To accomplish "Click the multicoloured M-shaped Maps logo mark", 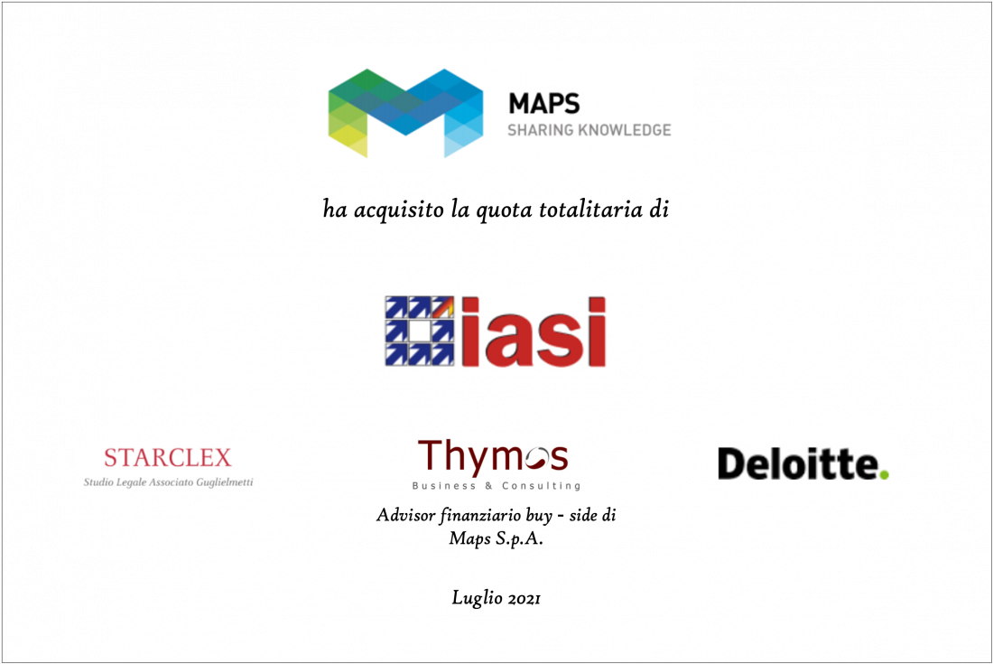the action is (x=405, y=113).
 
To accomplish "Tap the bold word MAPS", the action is (x=544, y=103).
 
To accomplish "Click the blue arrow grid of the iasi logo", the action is (x=420, y=331).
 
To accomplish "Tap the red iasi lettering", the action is (x=534, y=332).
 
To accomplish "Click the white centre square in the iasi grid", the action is (x=419, y=331).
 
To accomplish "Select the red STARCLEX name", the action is (x=168, y=457).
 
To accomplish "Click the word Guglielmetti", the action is (x=225, y=482).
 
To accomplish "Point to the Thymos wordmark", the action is (x=493, y=457).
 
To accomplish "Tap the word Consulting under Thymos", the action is (x=542, y=486).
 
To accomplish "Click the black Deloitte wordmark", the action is (x=798, y=463).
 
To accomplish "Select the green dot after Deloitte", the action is (x=884, y=474).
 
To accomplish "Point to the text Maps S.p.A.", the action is (x=496, y=538).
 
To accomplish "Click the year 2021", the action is (x=524, y=598).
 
